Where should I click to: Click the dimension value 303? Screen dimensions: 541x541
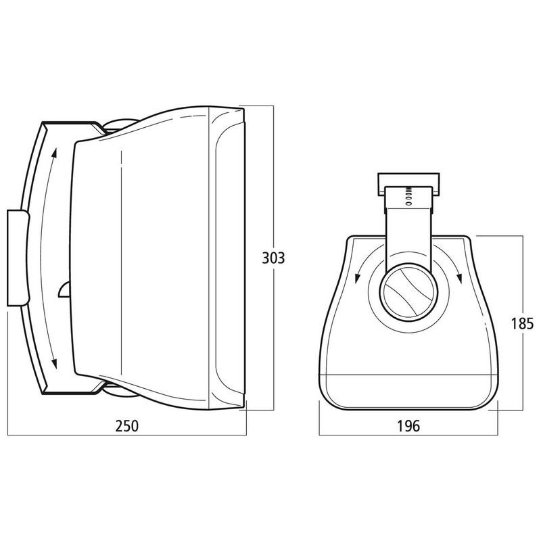click(273, 258)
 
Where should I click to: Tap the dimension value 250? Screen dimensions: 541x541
click(126, 426)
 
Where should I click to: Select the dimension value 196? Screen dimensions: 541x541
click(408, 426)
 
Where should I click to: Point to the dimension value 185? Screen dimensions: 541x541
click(522, 324)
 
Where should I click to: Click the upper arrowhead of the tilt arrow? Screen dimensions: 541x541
click(54, 152)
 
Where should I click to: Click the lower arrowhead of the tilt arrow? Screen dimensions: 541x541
click(54, 363)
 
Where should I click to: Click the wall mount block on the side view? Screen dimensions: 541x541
click(18, 258)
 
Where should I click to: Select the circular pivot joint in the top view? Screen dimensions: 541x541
click(408, 292)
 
